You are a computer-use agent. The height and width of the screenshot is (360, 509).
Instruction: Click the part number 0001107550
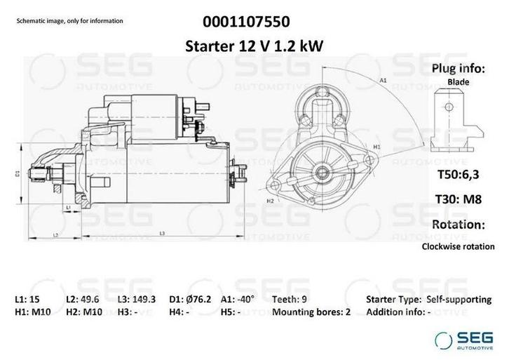(254, 21)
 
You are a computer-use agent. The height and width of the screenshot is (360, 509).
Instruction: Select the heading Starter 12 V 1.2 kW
(254, 46)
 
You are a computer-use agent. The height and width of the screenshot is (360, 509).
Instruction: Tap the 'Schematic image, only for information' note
(69, 21)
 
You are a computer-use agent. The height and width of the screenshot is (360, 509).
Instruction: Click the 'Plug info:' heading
(458, 68)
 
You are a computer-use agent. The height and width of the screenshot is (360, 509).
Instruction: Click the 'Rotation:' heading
(458, 225)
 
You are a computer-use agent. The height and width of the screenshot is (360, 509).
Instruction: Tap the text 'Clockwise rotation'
(458, 246)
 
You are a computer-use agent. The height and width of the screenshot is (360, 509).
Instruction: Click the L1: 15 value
(28, 299)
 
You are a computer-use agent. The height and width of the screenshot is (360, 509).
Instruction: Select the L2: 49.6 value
(83, 299)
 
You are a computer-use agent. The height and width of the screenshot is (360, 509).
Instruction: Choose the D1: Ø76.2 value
(191, 299)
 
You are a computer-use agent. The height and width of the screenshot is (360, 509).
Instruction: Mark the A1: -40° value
(238, 299)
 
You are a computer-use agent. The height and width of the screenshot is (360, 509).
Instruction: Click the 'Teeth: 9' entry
(289, 299)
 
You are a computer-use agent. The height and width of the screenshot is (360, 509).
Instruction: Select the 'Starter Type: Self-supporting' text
(428, 299)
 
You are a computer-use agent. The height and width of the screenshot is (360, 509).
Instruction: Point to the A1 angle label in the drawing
(384, 81)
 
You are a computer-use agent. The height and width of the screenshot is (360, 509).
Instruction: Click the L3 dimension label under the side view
(162, 232)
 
